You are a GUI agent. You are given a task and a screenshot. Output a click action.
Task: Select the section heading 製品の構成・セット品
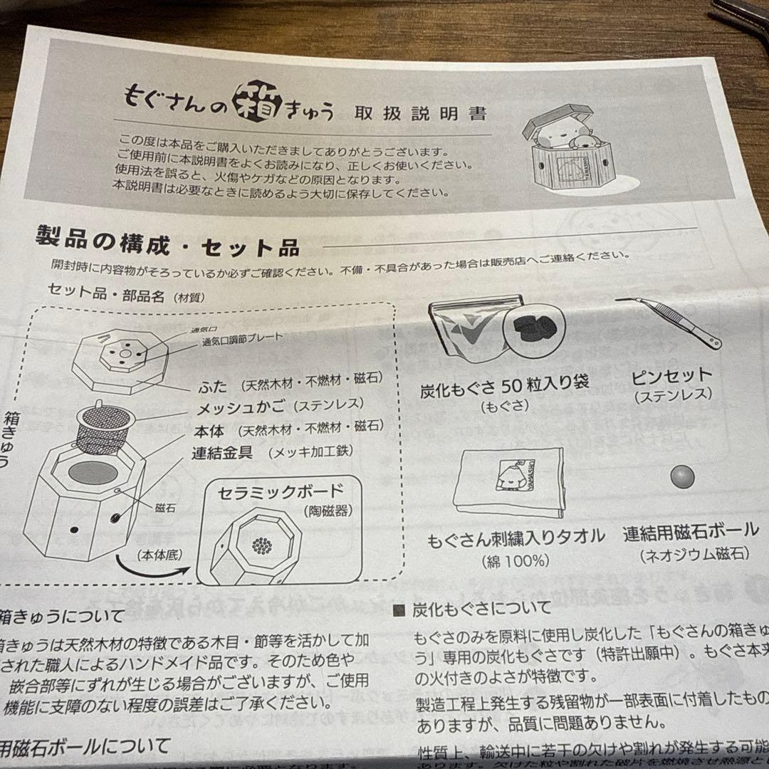tap(167, 244)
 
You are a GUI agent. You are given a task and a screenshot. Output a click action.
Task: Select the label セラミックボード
tap(281, 492)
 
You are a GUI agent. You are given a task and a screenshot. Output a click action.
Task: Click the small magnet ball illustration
tap(681, 476)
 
